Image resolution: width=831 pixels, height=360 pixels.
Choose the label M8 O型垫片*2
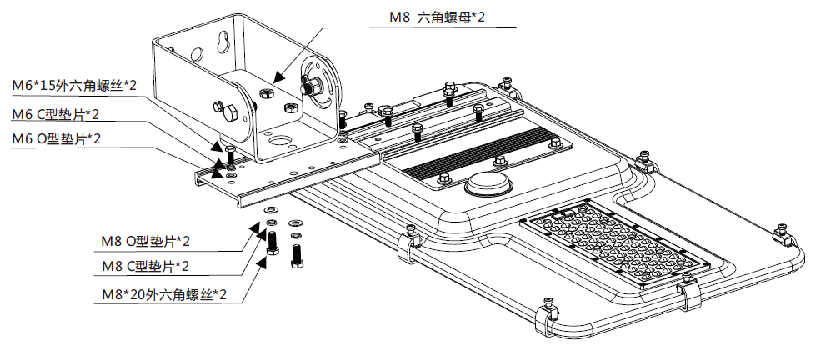click(146, 242)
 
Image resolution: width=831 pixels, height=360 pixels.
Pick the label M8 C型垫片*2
click(146, 266)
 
